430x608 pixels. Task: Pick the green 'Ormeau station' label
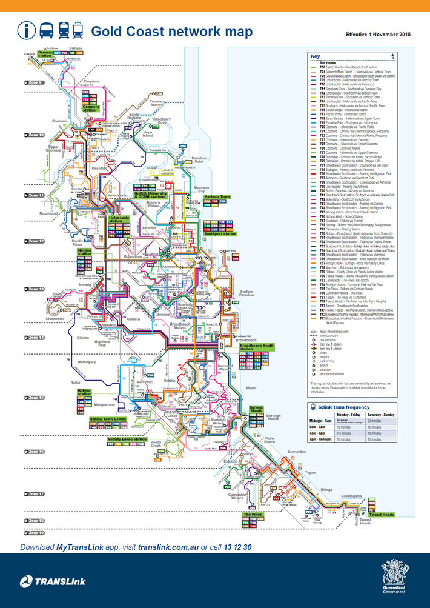45,53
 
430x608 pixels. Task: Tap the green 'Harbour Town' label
216,197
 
